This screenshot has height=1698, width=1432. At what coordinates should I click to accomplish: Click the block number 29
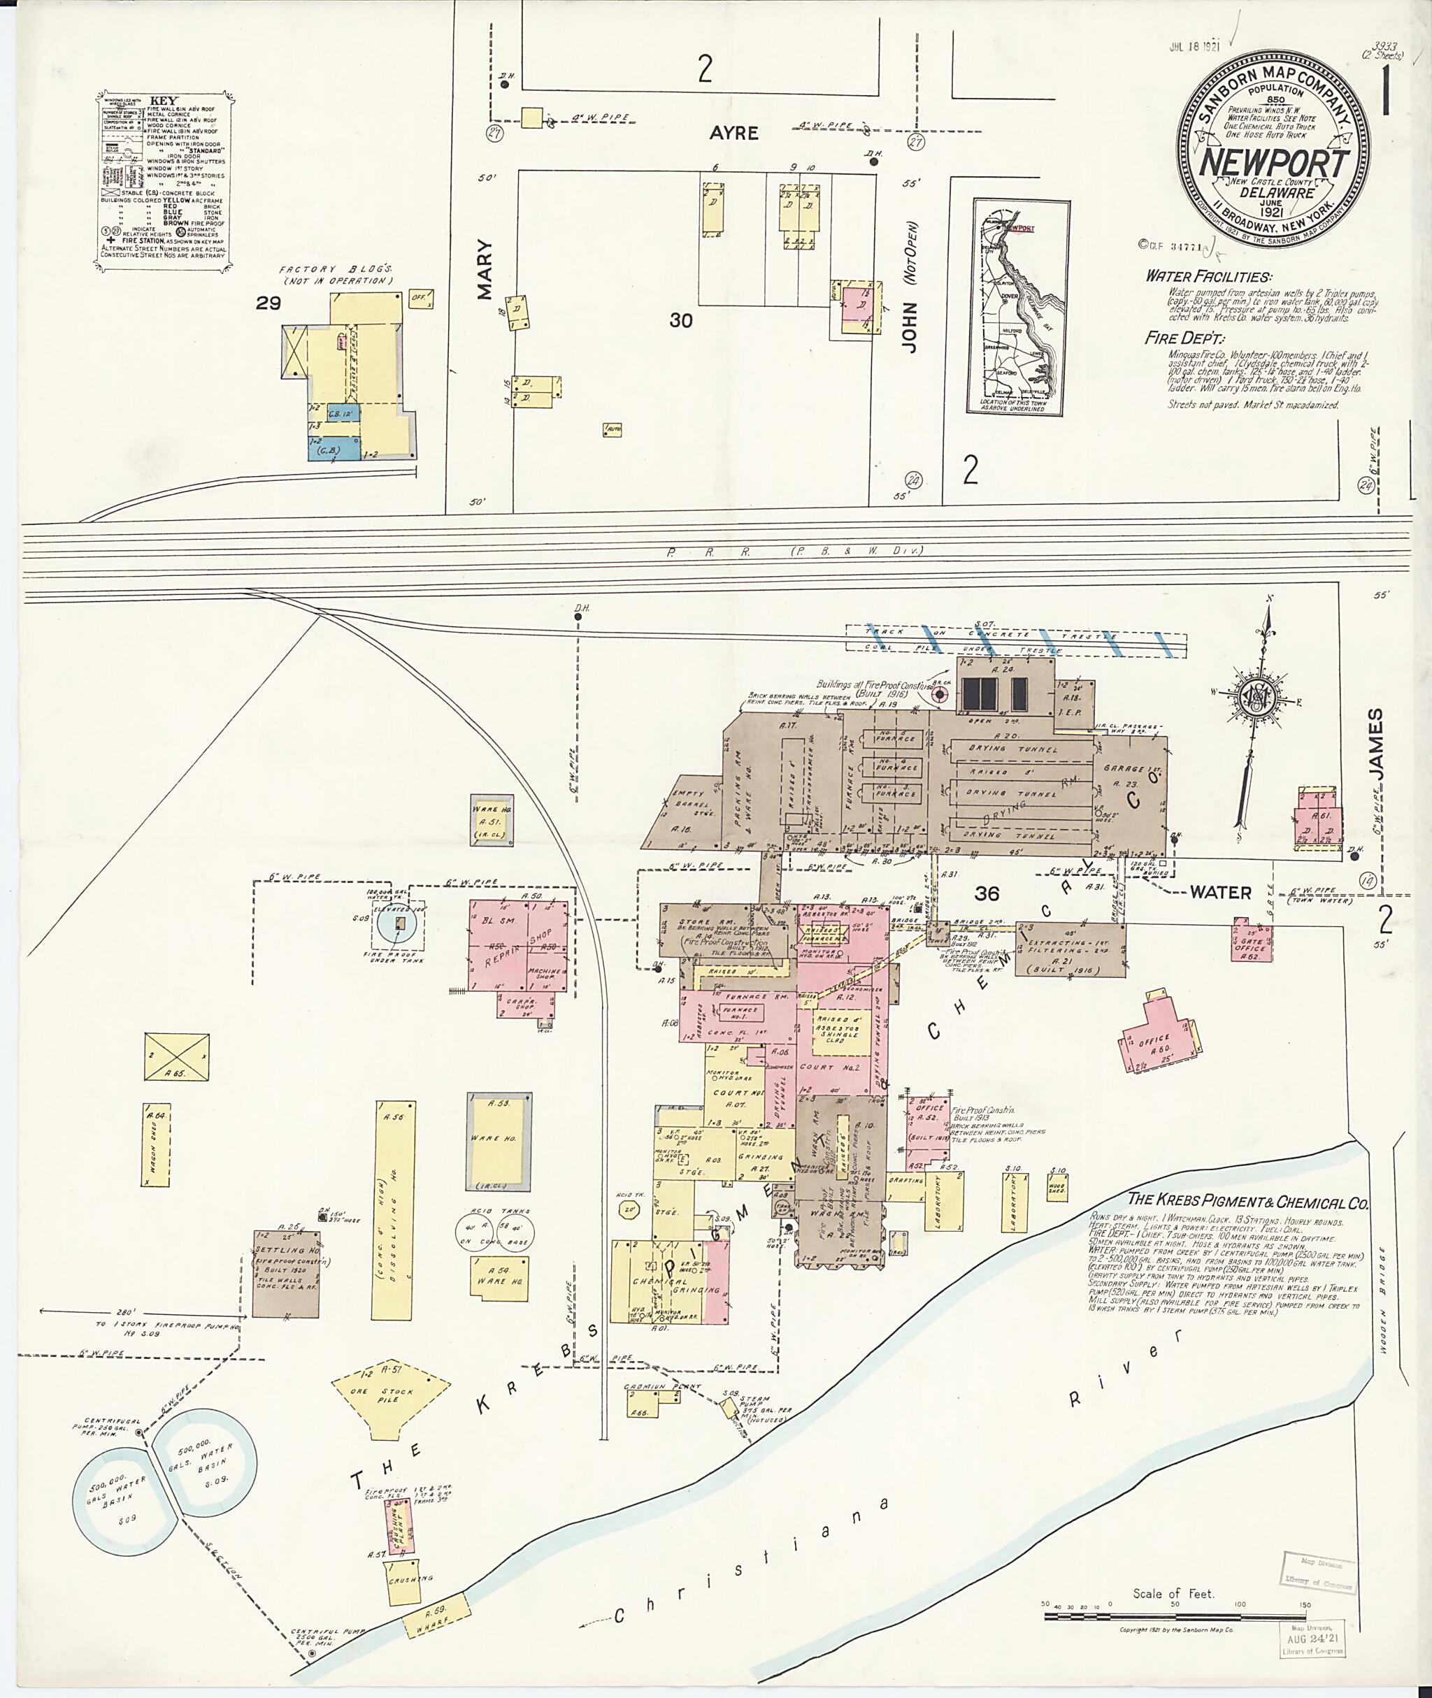pyautogui.click(x=268, y=303)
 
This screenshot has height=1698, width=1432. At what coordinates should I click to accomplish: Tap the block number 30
pyautogui.click(x=681, y=321)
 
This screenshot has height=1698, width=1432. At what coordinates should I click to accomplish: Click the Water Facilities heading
pyautogui.click(x=1208, y=277)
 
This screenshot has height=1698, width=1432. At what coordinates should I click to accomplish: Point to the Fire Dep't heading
pyautogui.click(x=1184, y=338)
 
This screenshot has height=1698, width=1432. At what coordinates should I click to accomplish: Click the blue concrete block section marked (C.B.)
pyautogui.click(x=334, y=448)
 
